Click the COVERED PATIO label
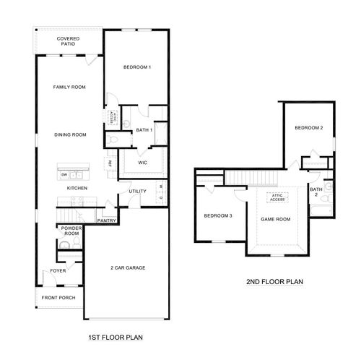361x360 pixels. pyautogui.click(x=69, y=41)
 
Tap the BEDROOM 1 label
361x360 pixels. pyautogui.click(x=137, y=67)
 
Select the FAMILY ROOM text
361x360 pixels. pyautogui.click(x=69, y=87)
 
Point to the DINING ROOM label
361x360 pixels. pyautogui.click(x=70, y=134)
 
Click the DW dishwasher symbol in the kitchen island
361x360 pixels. pyautogui.click(x=64, y=175)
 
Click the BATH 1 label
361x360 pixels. pyautogui.click(x=143, y=130)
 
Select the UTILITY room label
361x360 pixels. pyautogui.click(x=138, y=192)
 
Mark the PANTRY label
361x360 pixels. pyautogui.click(x=107, y=221)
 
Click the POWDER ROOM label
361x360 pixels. pyautogui.click(x=71, y=231)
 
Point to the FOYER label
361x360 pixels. pyautogui.click(x=57, y=272)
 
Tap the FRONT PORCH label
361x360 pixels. pyautogui.click(x=58, y=297)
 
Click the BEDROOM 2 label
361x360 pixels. pyautogui.click(x=308, y=129)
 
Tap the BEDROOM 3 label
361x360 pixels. pyautogui.click(x=217, y=216)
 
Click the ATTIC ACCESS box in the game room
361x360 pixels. pyautogui.click(x=277, y=197)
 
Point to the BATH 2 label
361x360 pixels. pyautogui.click(x=316, y=193)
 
